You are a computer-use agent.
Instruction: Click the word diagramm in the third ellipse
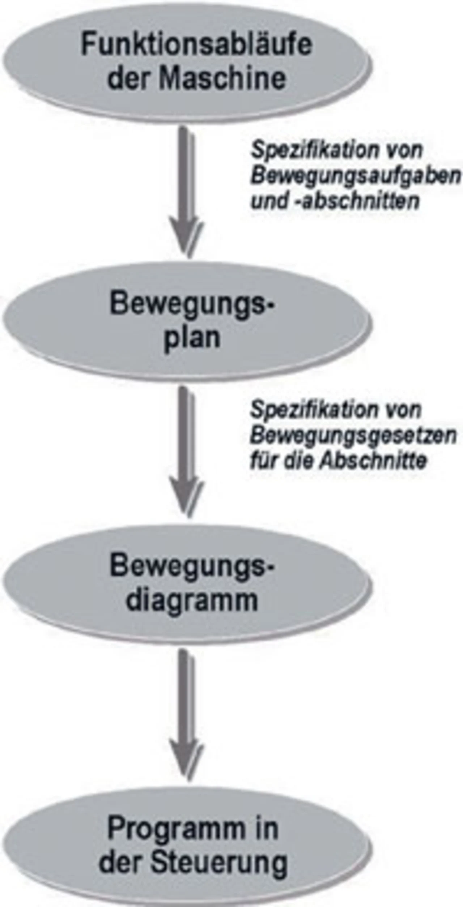click(x=192, y=601)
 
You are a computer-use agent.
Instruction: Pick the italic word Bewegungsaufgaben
click(x=355, y=176)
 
